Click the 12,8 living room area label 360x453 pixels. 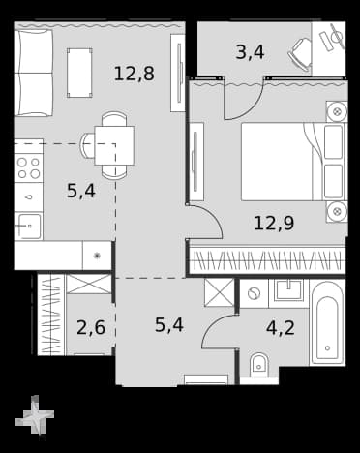click(135, 74)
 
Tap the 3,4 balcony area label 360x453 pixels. click(250, 52)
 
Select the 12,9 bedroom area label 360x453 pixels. click(274, 223)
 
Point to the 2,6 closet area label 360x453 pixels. click(91, 327)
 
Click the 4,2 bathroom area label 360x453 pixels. click(281, 328)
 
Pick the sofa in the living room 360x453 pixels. click(34, 73)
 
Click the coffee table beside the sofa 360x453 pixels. click(79, 73)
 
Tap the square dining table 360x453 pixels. click(114, 145)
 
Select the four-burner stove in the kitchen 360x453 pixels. click(29, 167)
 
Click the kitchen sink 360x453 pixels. click(29, 226)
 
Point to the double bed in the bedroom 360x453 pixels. click(293, 162)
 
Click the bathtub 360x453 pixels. click(327, 323)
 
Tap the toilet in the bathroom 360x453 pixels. click(259, 366)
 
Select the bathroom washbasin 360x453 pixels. click(288, 290)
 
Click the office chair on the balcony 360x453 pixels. click(300, 54)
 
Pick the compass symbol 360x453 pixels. click(35, 414)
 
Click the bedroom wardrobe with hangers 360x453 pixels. click(267, 260)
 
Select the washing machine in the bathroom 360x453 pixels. click(254, 293)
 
